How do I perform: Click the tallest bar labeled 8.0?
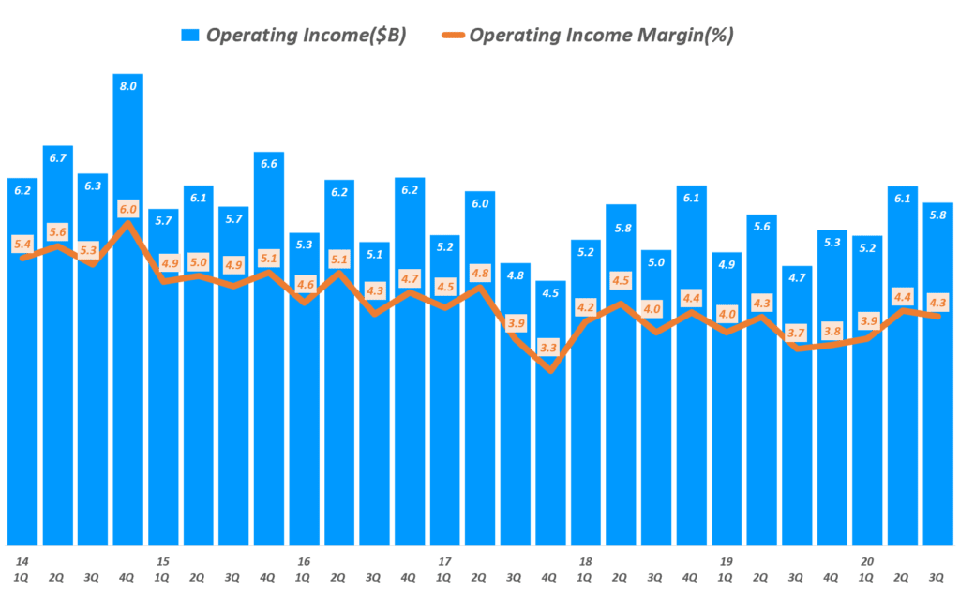pos(128,309)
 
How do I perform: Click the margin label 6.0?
pos(128,209)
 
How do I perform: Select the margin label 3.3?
pos(550,348)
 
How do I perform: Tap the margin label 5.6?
pos(58,231)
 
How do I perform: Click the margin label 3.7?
pos(797,333)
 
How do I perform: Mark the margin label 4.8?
pos(480,273)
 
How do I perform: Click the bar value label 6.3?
pos(93,186)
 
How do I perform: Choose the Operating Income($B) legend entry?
pos(306,36)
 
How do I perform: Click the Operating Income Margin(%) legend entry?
pos(600,36)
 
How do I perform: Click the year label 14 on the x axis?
pos(22,561)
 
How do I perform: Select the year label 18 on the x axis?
pos(585,561)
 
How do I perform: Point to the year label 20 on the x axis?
pos(867,561)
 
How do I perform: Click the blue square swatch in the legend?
pos(191,36)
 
